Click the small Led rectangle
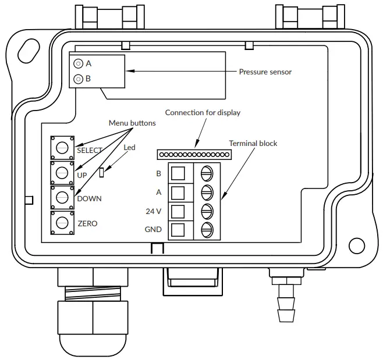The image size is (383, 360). pyautogui.click(x=102, y=172)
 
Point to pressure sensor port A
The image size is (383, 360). pyautogui.click(x=78, y=63)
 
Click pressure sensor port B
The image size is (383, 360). pyautogui.click(x=78, y=79)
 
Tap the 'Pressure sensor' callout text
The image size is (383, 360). pyautogui.click(x=265, y=72)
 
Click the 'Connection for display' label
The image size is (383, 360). pyautogui.click(x=203, y=112)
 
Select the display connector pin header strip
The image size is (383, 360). pyautogui.click(x=194, y=154)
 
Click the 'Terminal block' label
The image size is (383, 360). pyautogui.click(x=253, y=143)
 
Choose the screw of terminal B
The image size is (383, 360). pyautogui.click(x=207, y=173)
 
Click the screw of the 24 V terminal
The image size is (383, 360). pyautogui.click(x=207, y=211)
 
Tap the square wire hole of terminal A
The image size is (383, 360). pyautogui.click(x=180, y=192)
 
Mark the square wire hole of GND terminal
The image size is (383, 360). pyautogui.click(x=180, y=229)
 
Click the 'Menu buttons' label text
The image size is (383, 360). pyautogui.click(x=132, y=123)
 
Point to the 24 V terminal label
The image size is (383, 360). pyautogui.click(x=154, y=211)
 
